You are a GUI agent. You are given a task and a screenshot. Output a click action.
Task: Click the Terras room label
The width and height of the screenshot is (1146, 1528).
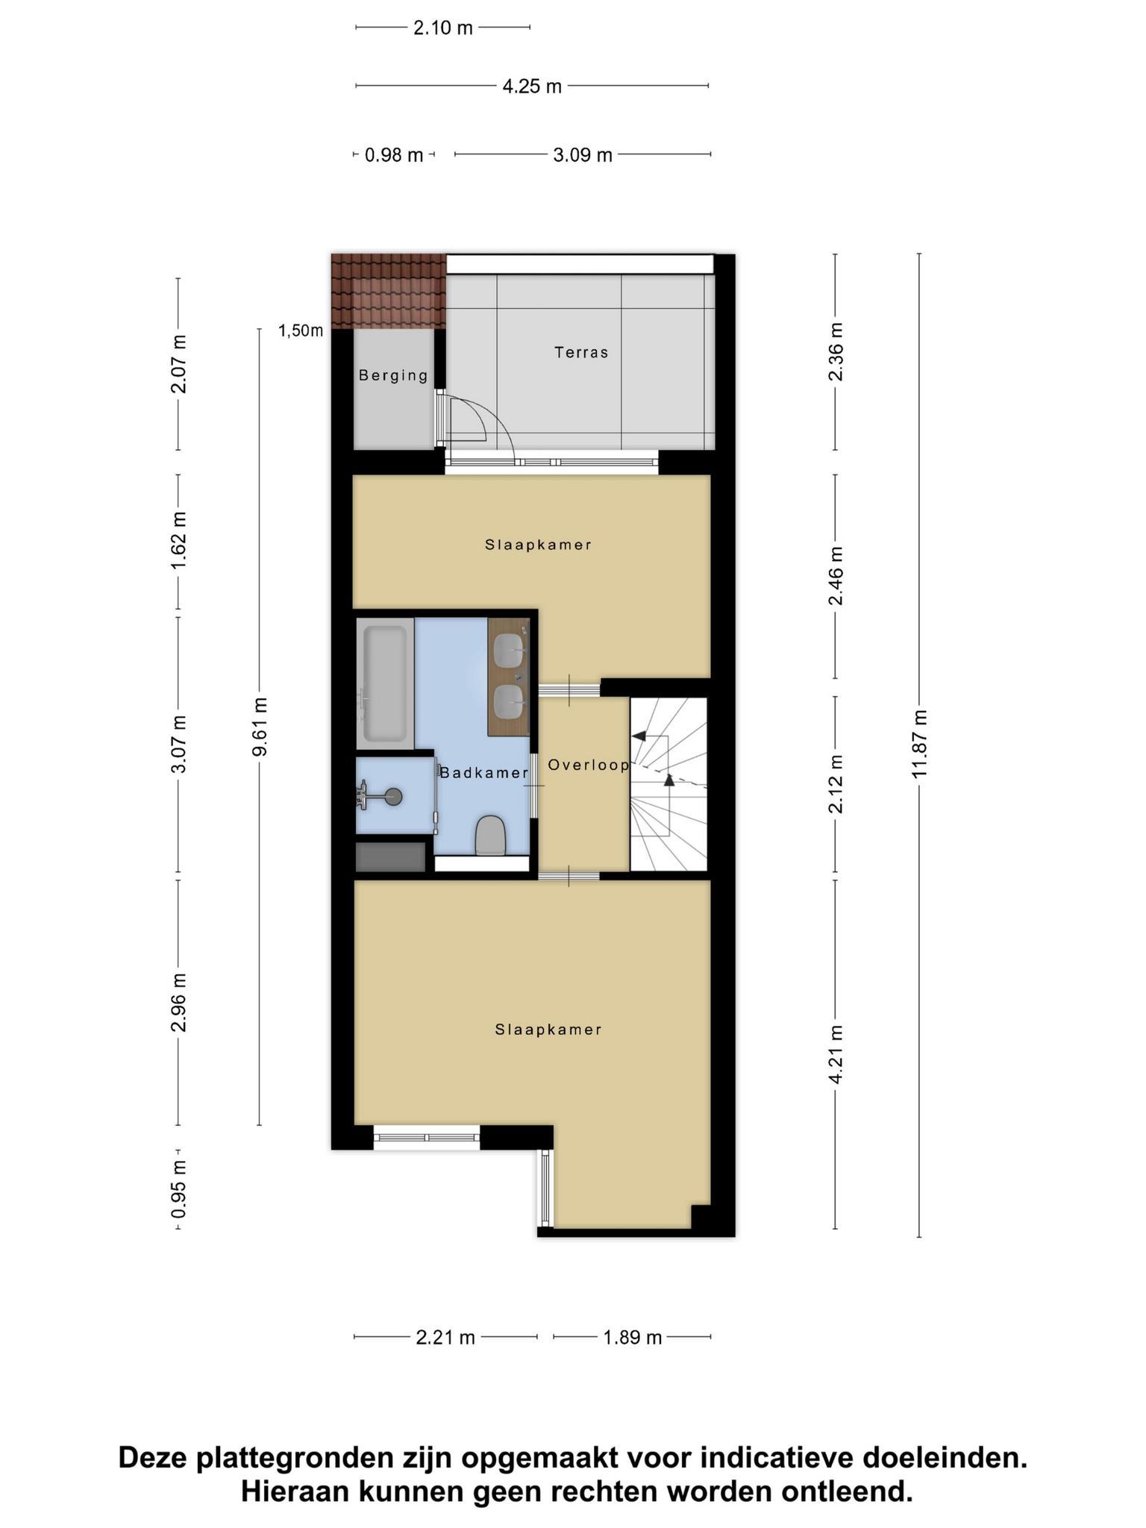tap(581, 352)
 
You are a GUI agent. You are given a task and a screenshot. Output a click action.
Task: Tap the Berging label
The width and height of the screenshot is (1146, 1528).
tap(393, 375)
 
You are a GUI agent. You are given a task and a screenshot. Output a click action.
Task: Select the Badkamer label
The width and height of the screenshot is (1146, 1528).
tap(483, 773)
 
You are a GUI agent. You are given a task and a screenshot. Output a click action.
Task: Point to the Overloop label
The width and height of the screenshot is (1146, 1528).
tap(589, 765)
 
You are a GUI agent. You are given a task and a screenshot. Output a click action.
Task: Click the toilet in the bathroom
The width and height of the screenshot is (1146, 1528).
tap(490, 835)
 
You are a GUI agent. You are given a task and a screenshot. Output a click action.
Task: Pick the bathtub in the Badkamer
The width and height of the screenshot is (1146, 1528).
tap(385, 683)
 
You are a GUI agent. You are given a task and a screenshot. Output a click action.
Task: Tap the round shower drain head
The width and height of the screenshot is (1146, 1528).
tap(393, 797)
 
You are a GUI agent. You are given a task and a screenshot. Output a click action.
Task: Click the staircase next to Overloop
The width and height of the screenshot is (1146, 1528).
tap(668, 784)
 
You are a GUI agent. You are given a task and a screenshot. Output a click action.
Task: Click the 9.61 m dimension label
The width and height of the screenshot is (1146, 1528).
tap(259, 726)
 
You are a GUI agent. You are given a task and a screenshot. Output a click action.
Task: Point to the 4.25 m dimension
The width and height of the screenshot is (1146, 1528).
tap(532, 87)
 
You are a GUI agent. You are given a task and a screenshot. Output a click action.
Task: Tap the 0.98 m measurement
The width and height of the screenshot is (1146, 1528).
tap(394, 155)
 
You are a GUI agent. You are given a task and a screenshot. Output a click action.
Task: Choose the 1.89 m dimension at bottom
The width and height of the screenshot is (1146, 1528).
tap(633, 1337)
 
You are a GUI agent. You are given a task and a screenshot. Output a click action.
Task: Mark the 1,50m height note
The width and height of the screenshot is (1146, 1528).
tap(301, 331)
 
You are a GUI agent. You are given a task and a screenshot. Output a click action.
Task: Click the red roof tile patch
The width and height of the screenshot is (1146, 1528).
tap(389, 291)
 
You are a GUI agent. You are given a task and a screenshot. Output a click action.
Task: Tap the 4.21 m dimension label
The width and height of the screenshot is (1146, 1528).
tap(836, 1053)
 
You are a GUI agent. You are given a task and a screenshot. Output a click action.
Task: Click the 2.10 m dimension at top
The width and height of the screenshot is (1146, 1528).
tap(443, 28)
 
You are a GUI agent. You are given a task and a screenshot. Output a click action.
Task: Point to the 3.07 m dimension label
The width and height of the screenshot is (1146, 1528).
tap(178, 744)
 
